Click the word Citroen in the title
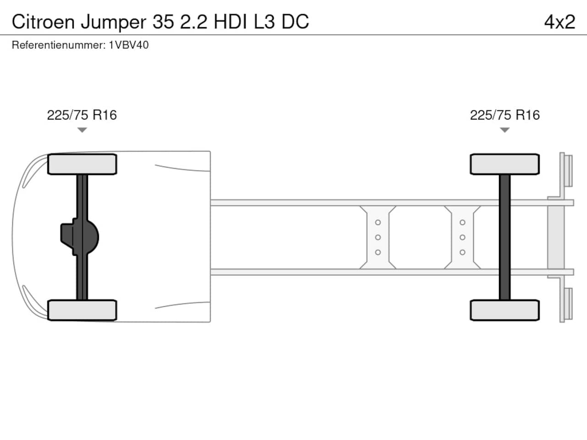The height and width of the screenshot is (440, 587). pyautogui.click(x=43, y=22)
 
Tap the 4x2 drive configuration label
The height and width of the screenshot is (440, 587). pyautogui.click(x=559, y=22)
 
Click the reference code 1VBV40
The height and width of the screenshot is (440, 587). pyautogui.click(x=128, y=45)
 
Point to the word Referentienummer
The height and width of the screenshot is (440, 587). pyautogui.click(x=59, y=45)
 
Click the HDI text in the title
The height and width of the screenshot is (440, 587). pyautogui.click(x=230, y=22)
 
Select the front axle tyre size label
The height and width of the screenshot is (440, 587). pyautogui.click(x=82, y=115)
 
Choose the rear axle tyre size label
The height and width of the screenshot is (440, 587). pyautogui.click(x=505, y=115)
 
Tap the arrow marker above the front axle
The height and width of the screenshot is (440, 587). pyautogui.click(x=82, y=130)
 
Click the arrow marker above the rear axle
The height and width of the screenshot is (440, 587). pyautogui.click(x=504, y=130)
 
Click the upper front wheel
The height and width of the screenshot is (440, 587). pyautogui.click(x=82, y=164)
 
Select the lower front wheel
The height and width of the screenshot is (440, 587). pyautogui.click(x=82, y=310)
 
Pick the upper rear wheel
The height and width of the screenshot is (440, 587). pyautogui.click(x=505, y=164)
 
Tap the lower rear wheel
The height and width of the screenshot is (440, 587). pyautogui.click(x=505, y=310)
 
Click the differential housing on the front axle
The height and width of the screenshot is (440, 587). pyautogui.click(x=80, y=237)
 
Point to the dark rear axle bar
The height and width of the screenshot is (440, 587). pyautogui.click(x=504, y=237)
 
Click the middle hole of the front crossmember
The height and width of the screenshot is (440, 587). pyautogui.click(x=378, y=237)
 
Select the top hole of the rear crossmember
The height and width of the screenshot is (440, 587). pyautogui.click(x=462, y=222)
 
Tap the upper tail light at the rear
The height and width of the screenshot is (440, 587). pyautogui.click(x=568, y=170)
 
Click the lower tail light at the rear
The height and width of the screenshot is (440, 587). pyautogui.click(x=568, y=303)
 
